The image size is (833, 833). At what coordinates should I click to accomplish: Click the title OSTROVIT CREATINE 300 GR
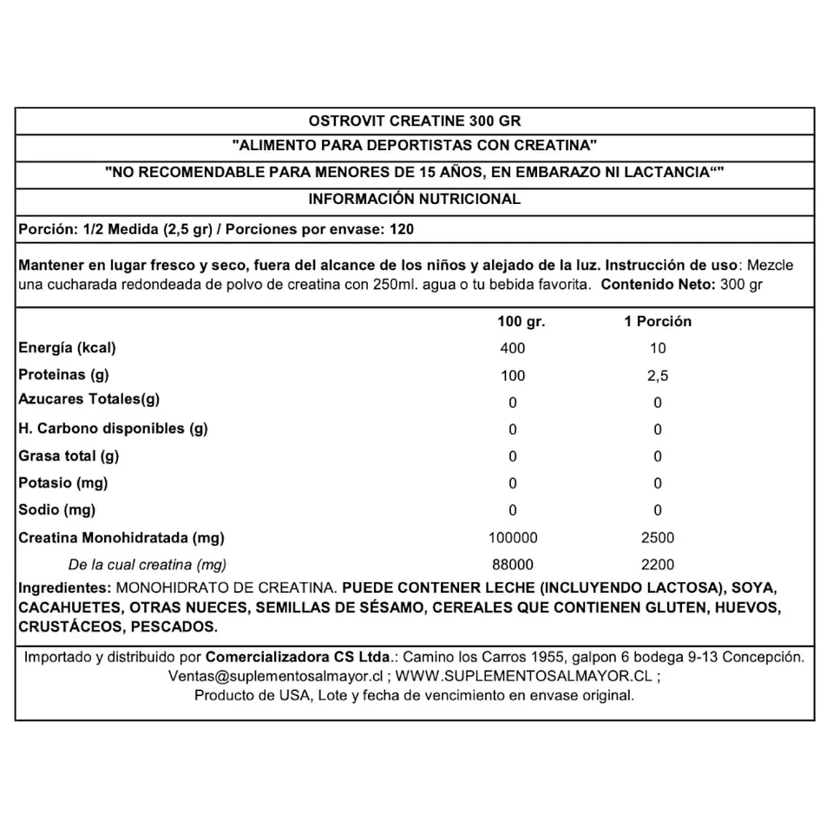click(x=415, y=120)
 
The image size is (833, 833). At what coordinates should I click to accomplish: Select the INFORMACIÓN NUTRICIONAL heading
click(x=415, y=199)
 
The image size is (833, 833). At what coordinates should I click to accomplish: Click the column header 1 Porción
click(x=658, y=321)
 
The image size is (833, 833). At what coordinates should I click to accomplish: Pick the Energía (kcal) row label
click(x=67, y=348)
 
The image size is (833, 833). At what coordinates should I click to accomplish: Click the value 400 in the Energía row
click(x=513, y=349)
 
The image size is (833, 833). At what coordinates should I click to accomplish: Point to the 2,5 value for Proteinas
click(x=658, y=376)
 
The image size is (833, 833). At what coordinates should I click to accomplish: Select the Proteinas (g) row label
click(x=62, y=375)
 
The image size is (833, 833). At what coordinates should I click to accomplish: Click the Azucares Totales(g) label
click(x=89, y=400)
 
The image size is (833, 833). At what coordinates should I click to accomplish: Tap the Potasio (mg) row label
click(x=63, y=482)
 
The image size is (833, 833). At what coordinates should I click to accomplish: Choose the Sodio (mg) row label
click(x=57, y=509)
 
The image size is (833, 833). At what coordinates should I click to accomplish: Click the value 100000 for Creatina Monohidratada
click(x=513, y=538)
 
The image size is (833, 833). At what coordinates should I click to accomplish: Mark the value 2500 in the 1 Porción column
click(x=658, y=538)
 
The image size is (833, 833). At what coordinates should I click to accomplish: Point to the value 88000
click(x=513, y=564)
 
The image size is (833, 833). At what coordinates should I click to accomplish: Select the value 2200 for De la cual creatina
click(x=658, y=564)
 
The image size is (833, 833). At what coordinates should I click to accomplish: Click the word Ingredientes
click(x=63, y=587)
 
